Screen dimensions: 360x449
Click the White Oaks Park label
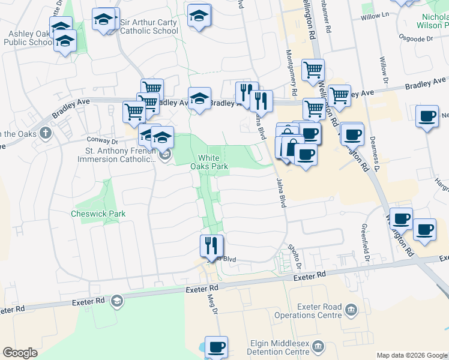tap(209, 161)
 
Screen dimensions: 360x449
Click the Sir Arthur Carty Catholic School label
tap(149, 26)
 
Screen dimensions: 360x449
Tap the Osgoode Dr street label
tap(420, 39)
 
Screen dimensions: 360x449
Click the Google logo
tap(20, 353)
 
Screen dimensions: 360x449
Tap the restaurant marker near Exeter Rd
tap(211, 245)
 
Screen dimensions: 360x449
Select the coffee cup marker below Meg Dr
tap(216, 346)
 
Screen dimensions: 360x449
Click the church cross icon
tap(45, 133)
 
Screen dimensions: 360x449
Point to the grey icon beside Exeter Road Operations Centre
tap(351, 310)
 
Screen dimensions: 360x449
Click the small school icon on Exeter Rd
tap(117, 300)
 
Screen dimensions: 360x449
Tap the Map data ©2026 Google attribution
tap(412, 355)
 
